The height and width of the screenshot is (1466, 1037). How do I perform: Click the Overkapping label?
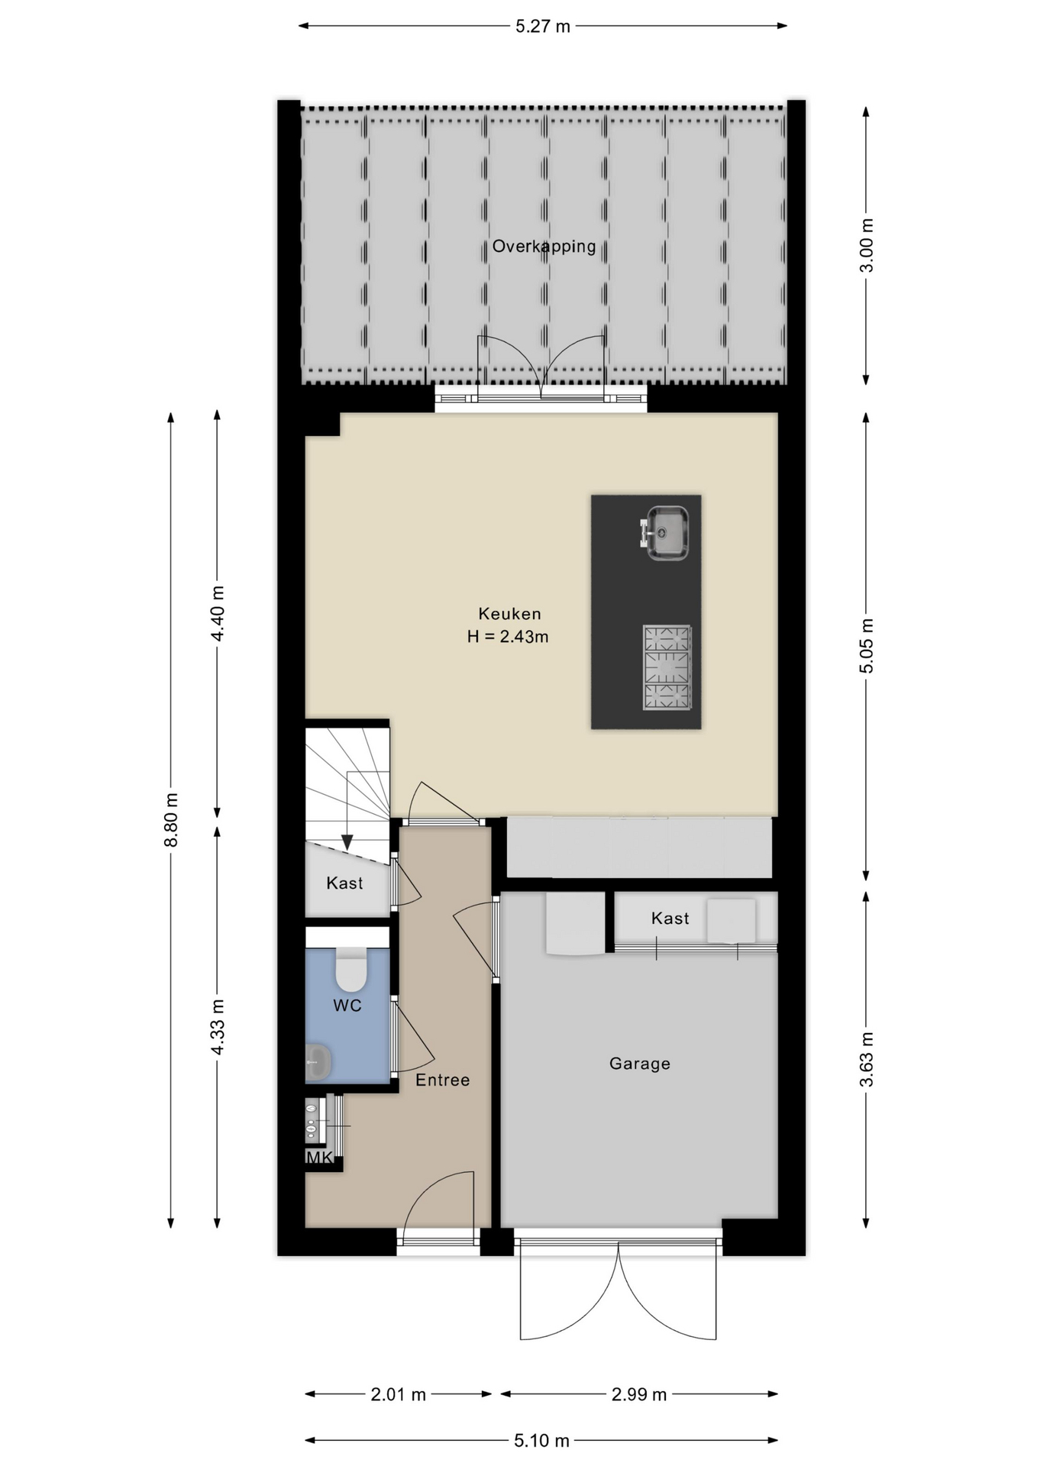pyautogui.click(x=544, y=247)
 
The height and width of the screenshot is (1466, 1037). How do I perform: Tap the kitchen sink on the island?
pyautogui.click(x=665, y=532)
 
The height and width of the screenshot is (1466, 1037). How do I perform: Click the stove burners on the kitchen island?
pyautogui.click(x=667, y=668)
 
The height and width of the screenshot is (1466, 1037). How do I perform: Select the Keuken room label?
pyautogui.click(x=509, y=613)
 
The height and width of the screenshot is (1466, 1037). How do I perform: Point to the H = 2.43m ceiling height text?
pyautogui.click(x=508, y=636)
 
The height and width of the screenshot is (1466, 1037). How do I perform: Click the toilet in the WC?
pyautogui.click(x=351, y=969)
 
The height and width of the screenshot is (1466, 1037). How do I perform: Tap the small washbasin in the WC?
pyautogui.click(x=318, y=1062)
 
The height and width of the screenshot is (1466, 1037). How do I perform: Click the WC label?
pyautogui.click(x=347, y=1006)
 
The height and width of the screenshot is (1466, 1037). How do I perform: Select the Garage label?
pyautogui.click(x=640, y=1063)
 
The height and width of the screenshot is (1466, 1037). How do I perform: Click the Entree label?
pyautogui.click(x=442, y=1080)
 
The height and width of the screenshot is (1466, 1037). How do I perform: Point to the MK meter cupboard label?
pyautogui.click(x=319, y=1158)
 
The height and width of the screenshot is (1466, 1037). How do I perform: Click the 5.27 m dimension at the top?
pyautogui.click(x=543, y=27)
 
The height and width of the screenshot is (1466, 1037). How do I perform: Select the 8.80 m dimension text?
pyautogui.click(x=171, y=819)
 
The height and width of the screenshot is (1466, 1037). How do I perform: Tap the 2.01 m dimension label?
pyautogui.click(x=398, y=1394)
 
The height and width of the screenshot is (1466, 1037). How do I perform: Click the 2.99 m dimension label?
pyautogui.click(x=639, y=1394)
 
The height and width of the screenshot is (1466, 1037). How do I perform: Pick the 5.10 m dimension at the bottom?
pyautogui.click(x=541, y=1440)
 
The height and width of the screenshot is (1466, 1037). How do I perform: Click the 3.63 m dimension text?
pyautogui.click(x=866, y=1059)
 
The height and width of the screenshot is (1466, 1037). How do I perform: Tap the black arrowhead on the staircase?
pyautogui.click(x=347, y=842)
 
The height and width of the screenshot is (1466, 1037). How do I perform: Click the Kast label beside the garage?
pyautogui.click(x=670, y=918)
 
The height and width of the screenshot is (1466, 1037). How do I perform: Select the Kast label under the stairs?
pyautogui.click(x=344, y=883)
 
